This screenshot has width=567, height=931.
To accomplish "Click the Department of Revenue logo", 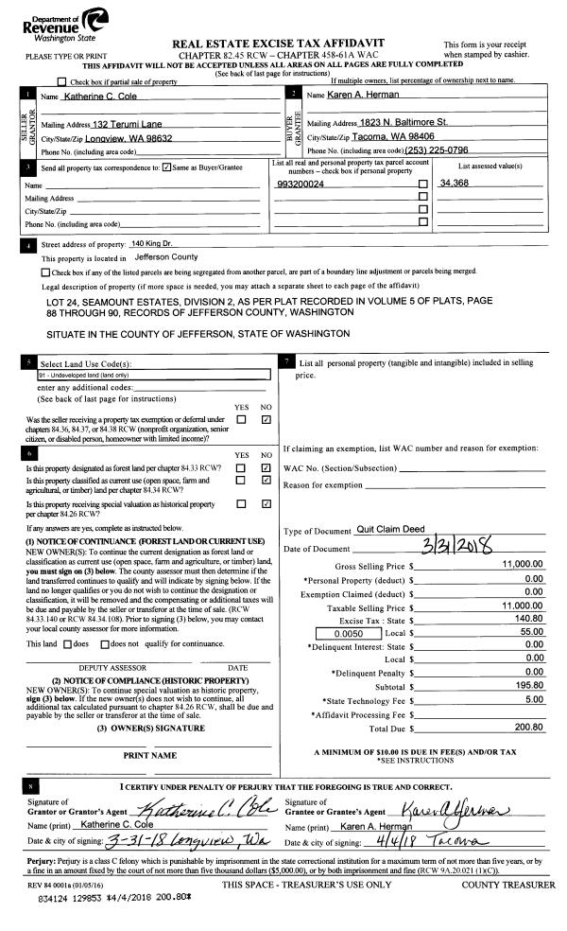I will pyautogui.click(x=57, y=26).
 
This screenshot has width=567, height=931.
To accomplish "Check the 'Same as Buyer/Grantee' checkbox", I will pyautogui.click(x=166, y=167).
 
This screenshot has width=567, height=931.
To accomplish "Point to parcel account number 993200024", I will pyautogui.click(x=303, y=183).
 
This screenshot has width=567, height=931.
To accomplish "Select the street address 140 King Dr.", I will pyautogui.click(x=152, y=244).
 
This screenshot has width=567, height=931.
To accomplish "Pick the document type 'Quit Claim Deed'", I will pyautogui.click(x=390, y=529).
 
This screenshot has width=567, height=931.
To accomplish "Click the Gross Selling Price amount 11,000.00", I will pyautogui.click(x=521, y=564).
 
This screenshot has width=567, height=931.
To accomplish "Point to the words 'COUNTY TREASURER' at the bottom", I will pyautogui.click(x=508, y=885).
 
